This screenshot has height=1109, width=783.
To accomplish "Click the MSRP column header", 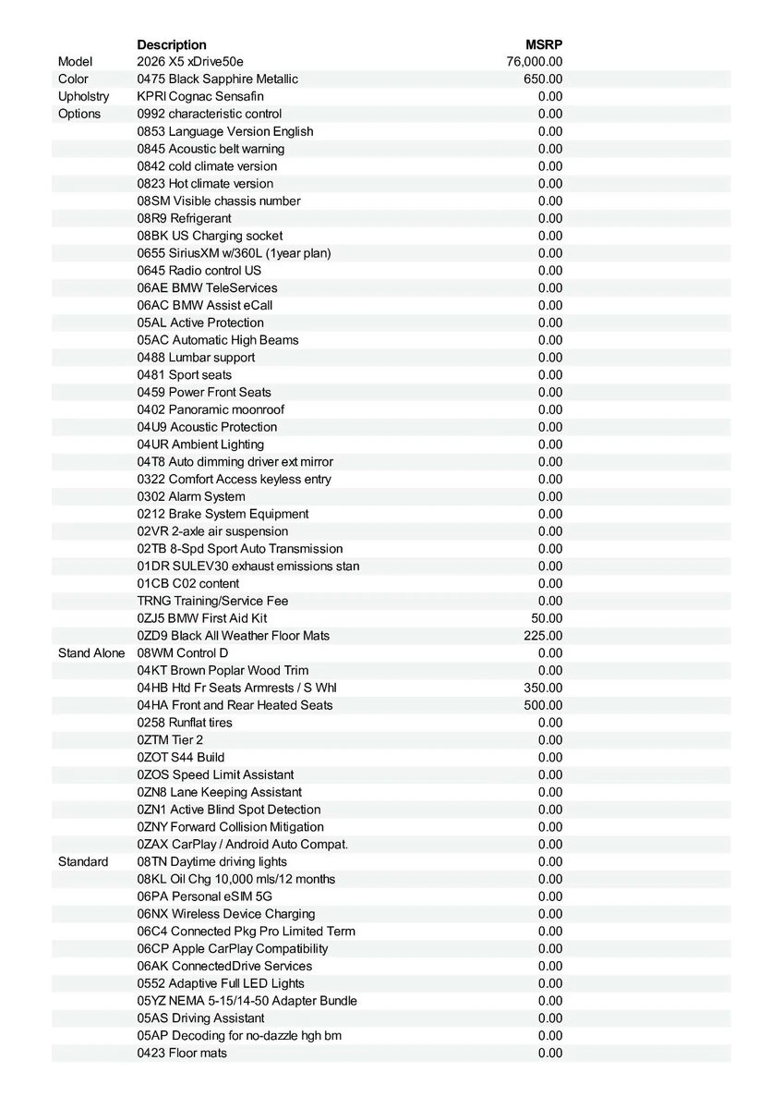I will point(543,44).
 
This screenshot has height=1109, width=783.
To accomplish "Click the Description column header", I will point(172,44).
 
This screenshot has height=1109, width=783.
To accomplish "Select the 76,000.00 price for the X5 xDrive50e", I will point(535,62).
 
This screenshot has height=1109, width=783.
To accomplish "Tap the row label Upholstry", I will point(83,96).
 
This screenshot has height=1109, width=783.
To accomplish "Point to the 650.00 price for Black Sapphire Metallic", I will point(543,79).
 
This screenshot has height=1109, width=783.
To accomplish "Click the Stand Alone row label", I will point(91,653).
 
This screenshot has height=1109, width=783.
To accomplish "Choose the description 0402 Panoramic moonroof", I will point(211,409).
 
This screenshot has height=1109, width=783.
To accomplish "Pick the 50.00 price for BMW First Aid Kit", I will point(547,618).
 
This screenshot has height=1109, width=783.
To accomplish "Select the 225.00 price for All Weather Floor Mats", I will point(543,636).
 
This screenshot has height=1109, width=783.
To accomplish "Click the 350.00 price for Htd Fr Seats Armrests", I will point(543,688).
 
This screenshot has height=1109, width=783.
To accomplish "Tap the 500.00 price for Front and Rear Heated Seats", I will point(543,705).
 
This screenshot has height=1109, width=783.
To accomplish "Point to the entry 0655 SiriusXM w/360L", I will point(234,253).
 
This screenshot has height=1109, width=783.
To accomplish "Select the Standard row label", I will point(83,862).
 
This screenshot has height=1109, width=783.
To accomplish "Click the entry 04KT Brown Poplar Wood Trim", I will point(223,670).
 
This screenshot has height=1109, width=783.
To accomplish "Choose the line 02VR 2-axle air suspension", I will point(212,531).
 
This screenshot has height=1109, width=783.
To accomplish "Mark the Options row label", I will point(79,114).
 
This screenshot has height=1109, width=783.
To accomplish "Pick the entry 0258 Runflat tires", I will point(185,723).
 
